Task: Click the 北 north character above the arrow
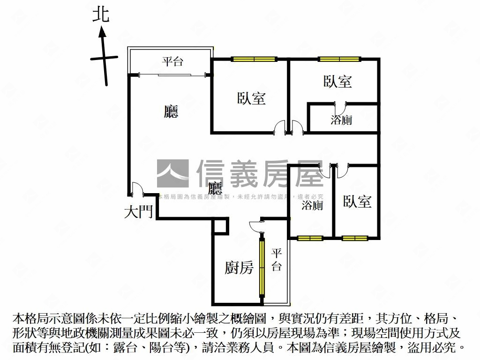click(101, 14)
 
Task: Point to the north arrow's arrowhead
click(102, 32)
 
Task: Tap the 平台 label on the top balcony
click(172, 61)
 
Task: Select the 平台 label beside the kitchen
click(277, 260)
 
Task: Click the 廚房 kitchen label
click(239, 268)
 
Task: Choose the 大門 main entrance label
click(138, 212)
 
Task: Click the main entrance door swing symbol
click(136, 188)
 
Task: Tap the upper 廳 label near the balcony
click(171, 111)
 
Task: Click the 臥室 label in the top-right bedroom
click(337, 81)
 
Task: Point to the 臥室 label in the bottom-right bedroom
click(357, 202)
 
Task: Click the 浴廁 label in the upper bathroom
click(341, 120)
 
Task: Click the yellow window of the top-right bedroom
click(339, 59)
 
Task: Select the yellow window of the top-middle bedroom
click(254, 59)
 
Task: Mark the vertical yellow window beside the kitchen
click(262, 268)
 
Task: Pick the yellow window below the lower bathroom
click(310, 238)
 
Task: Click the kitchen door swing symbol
click(256, 226)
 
